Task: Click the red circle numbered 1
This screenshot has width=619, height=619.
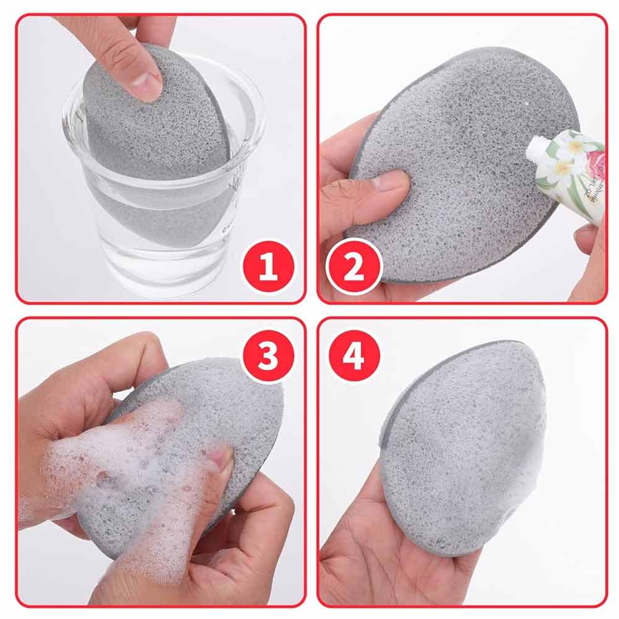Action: (267, 268)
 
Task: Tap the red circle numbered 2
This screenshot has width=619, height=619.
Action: (353, 268)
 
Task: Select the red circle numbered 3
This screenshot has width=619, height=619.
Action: (267, 357)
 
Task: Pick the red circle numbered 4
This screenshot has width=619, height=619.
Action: (353, 357)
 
